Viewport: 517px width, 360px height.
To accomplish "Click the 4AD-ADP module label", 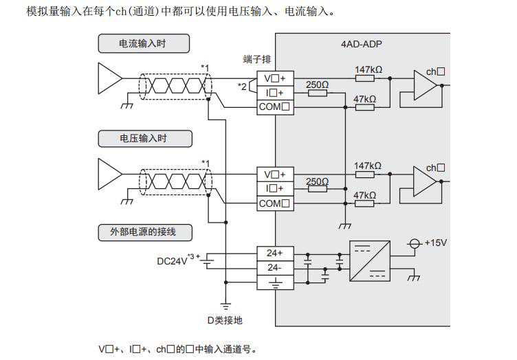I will click(362, 44).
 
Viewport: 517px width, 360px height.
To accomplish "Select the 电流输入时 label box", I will click(143, 44).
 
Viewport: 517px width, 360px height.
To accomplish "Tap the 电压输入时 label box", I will click(143, 139).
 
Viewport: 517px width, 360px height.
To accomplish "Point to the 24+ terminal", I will click(275, 253).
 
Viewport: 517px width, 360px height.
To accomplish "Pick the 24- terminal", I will click(275, 267).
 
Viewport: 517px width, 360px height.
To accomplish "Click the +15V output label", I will click(435, 243).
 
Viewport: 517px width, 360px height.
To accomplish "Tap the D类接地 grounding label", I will click(225, 320).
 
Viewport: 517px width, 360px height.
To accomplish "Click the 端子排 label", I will click(256, 60).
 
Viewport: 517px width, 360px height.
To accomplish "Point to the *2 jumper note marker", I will click(241, 86).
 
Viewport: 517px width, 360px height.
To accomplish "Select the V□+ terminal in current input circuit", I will click(275, 78).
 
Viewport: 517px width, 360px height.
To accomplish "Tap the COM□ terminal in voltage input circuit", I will click(275, 203).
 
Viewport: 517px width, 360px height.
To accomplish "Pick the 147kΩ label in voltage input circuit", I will click(368, 166).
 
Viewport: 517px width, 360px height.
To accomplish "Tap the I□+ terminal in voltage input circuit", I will click(275, 188).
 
